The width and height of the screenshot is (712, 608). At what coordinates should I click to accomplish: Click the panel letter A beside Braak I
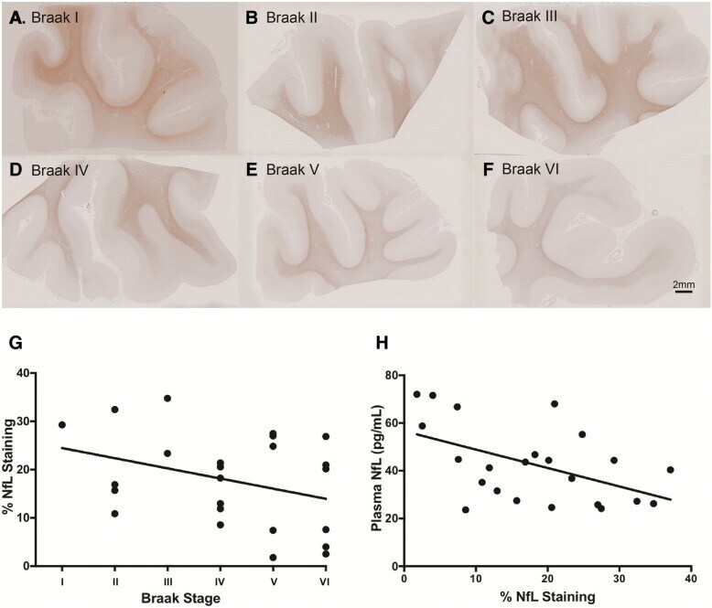click(x=16, y=18)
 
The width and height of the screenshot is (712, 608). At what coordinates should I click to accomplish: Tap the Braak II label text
click(x=292, y=17)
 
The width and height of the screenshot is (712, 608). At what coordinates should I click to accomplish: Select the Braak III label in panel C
click(x=530, y=16)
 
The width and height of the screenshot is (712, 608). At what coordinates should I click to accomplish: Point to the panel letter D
click(x=16, y=170)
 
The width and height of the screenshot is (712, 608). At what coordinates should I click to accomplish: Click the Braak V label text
click(x=293, y=170)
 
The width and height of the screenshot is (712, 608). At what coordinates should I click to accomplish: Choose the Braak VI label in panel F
click(x=531, y=169)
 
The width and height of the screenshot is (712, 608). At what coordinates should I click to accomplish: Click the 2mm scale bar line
click(x=684, y=292)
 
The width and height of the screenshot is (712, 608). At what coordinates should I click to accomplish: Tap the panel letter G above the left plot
click(x=16, y=344)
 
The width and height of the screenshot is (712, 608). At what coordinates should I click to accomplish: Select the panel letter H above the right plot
click(x=382, y=344)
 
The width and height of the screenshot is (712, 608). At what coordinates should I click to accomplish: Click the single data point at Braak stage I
click(x=62, y=425)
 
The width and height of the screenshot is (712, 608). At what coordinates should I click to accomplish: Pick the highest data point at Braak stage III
click(x=167, y=399)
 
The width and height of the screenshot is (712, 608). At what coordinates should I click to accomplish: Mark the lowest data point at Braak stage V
click(x=273, y=558)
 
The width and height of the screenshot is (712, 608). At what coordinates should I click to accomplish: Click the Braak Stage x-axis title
click(x=180, y=598)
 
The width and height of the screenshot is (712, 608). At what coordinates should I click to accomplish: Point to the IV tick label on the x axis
click(x=220, y=581)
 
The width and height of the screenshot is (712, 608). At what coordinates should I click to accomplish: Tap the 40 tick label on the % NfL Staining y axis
click(x=22, y=373)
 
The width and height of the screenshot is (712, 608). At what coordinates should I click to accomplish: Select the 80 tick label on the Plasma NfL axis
click(x=391, y=376)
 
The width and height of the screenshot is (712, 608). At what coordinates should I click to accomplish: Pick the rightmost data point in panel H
click(x=670, y=470)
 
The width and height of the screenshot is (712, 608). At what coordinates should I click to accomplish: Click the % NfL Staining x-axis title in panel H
click(x=547, y=597)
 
